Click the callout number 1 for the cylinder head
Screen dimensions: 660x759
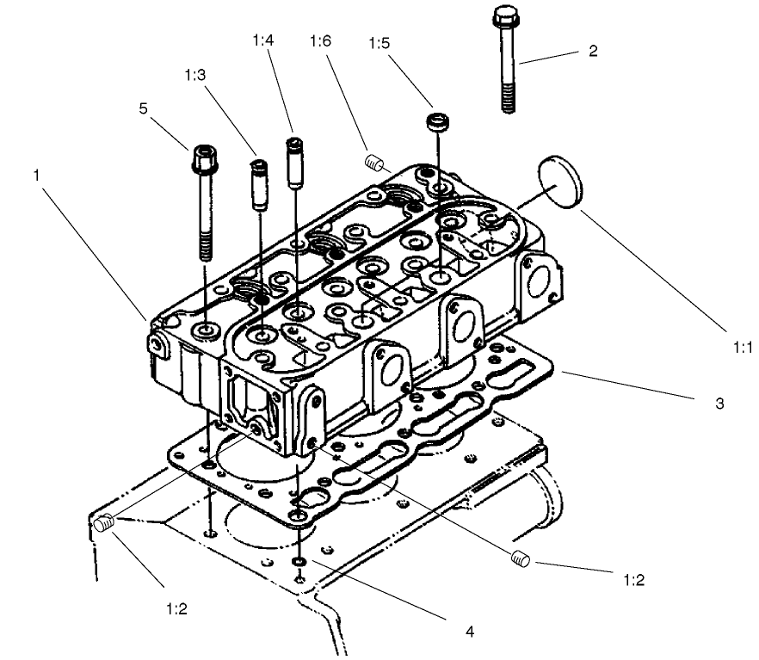pyautogui.click(x=36, y=175)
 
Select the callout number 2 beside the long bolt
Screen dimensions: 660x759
pyautogui.click(x=592, y=51)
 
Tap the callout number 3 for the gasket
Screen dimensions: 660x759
pyautogui.click(x=719, y=403)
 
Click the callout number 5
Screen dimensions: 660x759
pyautogui.click(x=144, y=108)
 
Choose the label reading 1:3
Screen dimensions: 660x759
pyautogui.click(x=194, y=76)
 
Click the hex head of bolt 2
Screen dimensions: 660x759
pyautogui.click(x=504, y=17)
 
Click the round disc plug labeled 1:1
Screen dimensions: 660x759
pyautogui.click(x=558, y=182)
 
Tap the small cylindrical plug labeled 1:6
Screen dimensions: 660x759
pyautogui.click(x=373, y=161)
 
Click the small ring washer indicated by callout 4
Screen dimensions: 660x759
pyautogui.click(x=298, y=562)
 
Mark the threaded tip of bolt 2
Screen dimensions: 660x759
pyautogui.click(x=508, y=102)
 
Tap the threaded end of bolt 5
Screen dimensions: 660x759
pyautogui.click(x=205, y=244)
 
